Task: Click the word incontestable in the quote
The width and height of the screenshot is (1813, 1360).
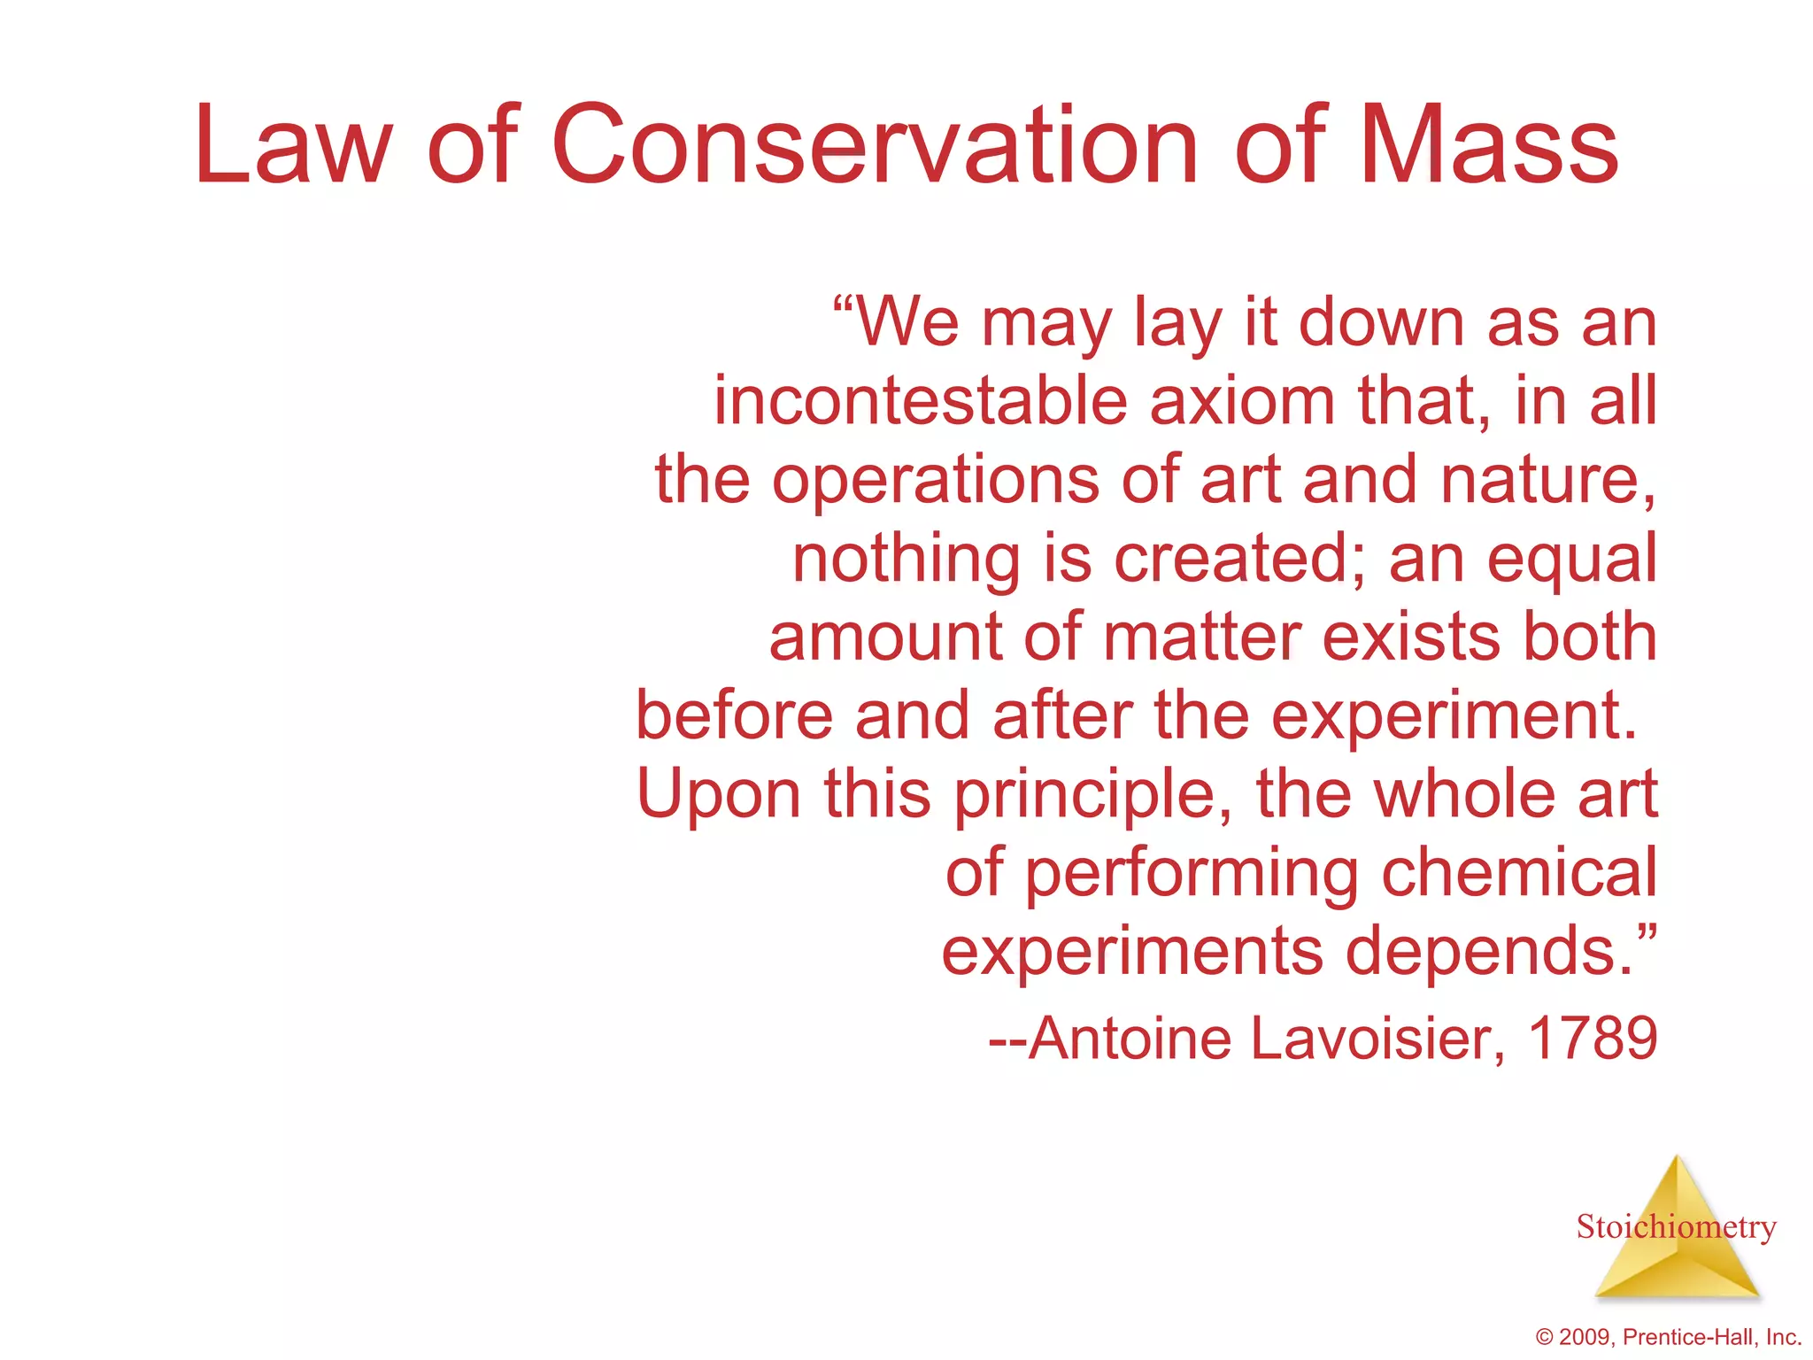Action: (921, 401)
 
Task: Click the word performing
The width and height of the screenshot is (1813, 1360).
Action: (1192, 873)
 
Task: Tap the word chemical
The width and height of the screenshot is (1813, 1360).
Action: (1519, 873)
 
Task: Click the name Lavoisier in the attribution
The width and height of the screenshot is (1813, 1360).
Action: (1377, 1038)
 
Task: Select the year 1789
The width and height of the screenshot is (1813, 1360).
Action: (1593, 1038)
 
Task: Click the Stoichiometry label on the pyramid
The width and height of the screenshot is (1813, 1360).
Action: (1676, 1227)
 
